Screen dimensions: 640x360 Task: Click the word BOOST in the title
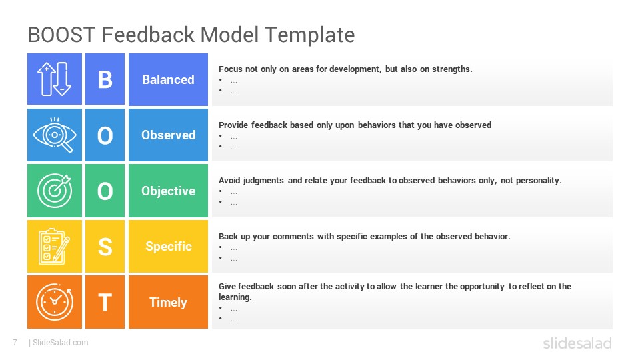pos(61,35)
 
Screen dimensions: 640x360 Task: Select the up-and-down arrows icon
pos(54,79)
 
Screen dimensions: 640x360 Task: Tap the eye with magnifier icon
pos(55,135)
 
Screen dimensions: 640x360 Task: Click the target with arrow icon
pos(55,191)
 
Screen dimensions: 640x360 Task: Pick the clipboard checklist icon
pos(54,247)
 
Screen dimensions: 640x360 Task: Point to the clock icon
pos(55,302)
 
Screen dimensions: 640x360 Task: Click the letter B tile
pos(105,79)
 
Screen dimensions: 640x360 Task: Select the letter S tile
pos(105,247)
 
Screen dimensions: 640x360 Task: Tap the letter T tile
pos(105,302)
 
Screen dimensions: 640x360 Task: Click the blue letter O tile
pos(105,135)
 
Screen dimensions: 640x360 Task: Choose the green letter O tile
pos(105,191)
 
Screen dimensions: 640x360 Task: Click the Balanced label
pos(168,79)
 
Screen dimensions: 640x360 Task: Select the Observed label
pos(168,135)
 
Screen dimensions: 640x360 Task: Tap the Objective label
pos(168,191)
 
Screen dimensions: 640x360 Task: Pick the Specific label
pos(169,247)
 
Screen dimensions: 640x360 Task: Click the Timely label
pos(168,303)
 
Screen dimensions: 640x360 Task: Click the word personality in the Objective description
pos(539,181)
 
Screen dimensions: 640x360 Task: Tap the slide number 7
pos(15,343)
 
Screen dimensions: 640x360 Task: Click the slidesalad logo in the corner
pos(577,343)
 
